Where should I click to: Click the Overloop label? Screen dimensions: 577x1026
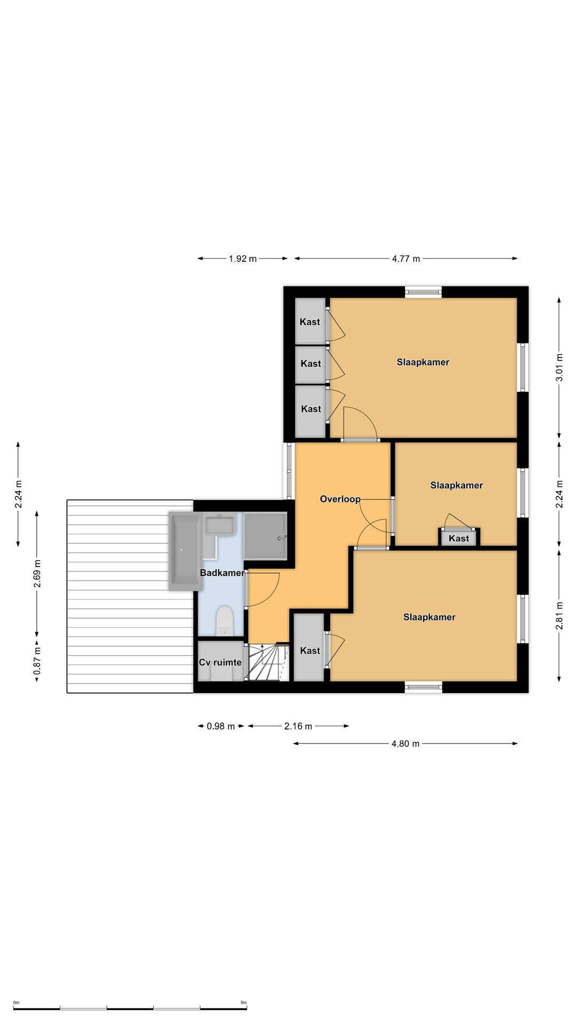pos(340,499)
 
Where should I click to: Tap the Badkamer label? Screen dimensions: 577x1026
pos(222,573)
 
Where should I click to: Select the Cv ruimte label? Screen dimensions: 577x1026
pos(220,663)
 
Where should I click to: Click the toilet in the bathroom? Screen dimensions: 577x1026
pos(225,621)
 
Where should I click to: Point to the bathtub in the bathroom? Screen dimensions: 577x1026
pos(185,551)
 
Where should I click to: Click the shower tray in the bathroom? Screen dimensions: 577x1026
pos(266,536)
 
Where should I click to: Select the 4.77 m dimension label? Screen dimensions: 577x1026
pos(406,259)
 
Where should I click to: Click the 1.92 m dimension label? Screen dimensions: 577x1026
pos(243,259)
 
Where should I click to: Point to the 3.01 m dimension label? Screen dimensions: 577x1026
pos(559,368)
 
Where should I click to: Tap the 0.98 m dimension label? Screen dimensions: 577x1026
pos(221,726)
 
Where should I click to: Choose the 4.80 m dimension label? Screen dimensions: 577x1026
pos(406,743)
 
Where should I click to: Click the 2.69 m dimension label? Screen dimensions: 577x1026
pos(37,573)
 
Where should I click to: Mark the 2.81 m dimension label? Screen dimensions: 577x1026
pos(559,616)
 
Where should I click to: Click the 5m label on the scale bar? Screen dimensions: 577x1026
pos(244,1002)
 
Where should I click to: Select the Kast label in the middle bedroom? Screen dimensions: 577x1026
pos(459,538)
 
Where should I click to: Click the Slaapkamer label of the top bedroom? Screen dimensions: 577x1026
pos(423,362)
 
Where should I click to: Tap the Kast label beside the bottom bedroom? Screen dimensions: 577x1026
pos(310,650)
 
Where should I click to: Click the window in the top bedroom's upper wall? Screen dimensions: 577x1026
pos(423,292)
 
